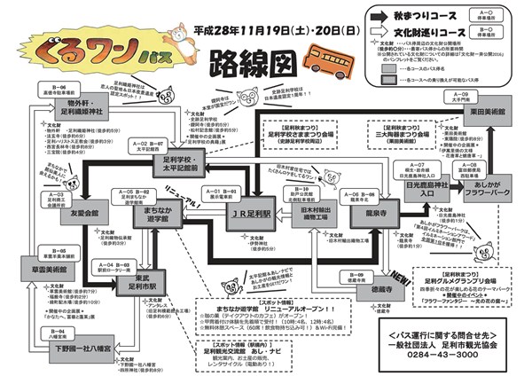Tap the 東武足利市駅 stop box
(x=139, y=285)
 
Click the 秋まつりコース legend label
(x=430, y=15)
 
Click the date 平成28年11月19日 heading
(x=261, y=29)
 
